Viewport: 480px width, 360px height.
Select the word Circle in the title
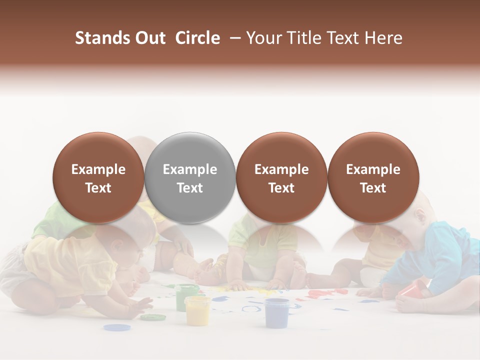[x=197, y=38]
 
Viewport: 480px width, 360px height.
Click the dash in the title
[x=233, y=38]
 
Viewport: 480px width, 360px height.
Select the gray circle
[x=190, y=177]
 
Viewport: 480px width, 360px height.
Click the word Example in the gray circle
[x=190, y=169]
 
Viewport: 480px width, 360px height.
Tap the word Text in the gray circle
[x=190, y=188]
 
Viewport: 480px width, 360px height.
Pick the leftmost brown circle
[x=98, y=177]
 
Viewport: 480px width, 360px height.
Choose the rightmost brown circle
[x=373, y=177]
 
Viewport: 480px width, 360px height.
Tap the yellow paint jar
[x=197, y=310]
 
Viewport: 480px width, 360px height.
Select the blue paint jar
[x=277, y=312]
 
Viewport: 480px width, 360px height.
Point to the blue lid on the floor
[x=117, y=327]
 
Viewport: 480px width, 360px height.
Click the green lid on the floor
[x=152, y=317]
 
